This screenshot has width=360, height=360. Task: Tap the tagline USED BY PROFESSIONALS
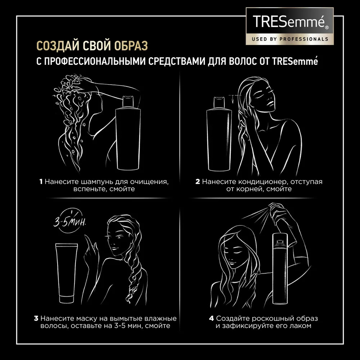pyautogui.click(x=290, y=39)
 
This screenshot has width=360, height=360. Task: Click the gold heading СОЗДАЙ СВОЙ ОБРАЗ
pyautogui.click(x=92, y=46)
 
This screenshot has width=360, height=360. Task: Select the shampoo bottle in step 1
pyautogui.click(x=128, y=133)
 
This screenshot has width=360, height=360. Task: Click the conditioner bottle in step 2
pyautogui.click(x=219, y=134)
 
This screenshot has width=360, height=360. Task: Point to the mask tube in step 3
pyautogui.click(x=67, y=273)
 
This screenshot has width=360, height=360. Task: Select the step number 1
pyautogui.click(x=41, y=182)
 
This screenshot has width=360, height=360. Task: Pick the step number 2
pyautogui.click(x=198, y=182)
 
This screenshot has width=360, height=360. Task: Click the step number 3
pyautogui.click(x=36, y=319)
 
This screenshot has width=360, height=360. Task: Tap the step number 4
pyautogui.click(x=211, y=319)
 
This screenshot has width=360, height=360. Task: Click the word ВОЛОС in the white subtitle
pyautogui.click(x=243, y=61)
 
